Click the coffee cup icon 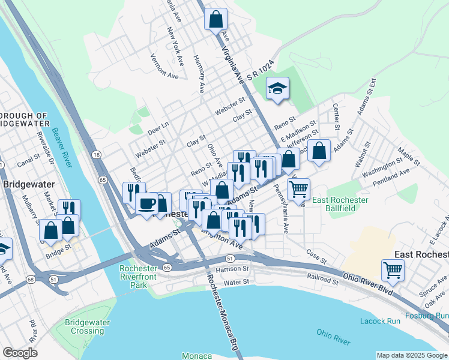[x=146, y=203]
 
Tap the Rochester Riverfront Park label [x=142, y=276]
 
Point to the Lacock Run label [x=380, y=321]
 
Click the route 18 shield [x=96, y=155]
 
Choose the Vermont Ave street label [x=165, y=66]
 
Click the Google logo [x=20, y=352]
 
